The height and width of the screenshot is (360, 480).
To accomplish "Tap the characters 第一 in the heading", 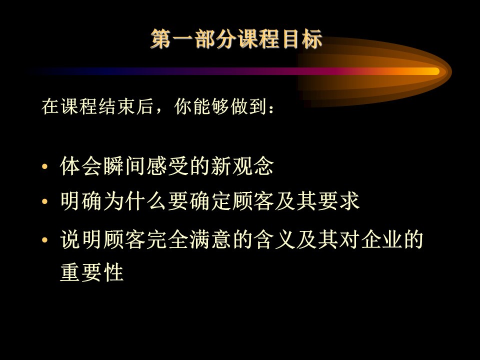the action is pos(171,39).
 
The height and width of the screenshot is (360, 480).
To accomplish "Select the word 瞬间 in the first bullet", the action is pos(124,166).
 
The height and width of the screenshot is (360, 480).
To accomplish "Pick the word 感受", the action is pos(167,166).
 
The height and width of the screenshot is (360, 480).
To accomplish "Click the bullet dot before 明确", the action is pos(45,201).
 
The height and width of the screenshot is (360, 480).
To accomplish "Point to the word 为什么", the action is pos(135,201).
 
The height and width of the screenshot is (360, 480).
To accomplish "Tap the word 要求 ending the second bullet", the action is pos(338,201).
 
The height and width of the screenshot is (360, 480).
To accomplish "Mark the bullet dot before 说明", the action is pos(45,239).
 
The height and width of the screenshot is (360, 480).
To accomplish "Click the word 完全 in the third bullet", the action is pos(167,239).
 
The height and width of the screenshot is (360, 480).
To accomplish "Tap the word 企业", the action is pos(381,239).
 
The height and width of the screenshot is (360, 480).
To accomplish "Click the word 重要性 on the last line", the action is pos(92,272).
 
